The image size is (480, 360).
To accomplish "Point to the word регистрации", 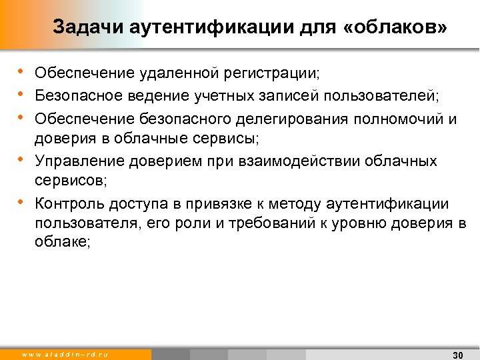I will pos(274,73).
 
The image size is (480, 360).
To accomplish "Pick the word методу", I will pos(303,203).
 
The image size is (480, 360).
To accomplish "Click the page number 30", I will pos(457,354).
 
